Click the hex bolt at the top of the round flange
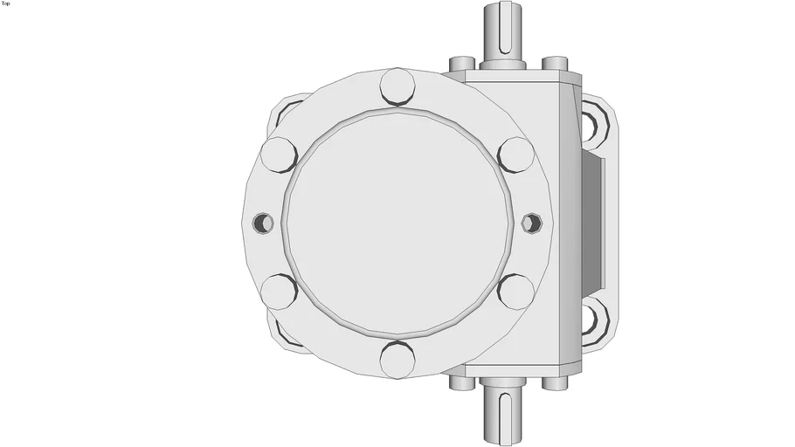click(398, 86)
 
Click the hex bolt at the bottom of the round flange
click(398, 360)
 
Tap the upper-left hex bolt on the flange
click(279, 155)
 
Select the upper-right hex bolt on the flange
click(516, 155)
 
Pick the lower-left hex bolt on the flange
click(279, 292)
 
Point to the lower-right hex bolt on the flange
click(516, 292)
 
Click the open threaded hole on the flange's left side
click(263, 223)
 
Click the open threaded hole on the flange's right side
click(532, 223)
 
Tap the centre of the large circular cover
click(398, 223)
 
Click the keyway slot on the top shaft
click(505, 27)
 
